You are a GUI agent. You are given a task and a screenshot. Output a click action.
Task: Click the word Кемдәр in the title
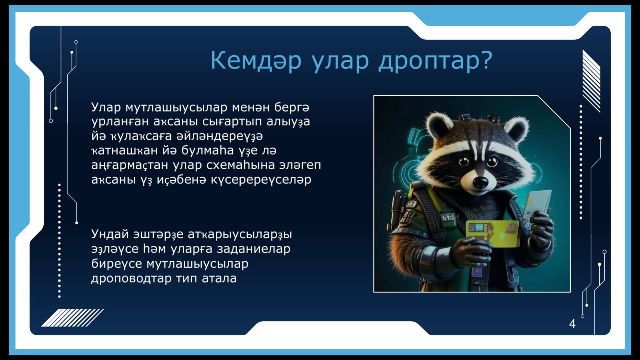tap(256, 60)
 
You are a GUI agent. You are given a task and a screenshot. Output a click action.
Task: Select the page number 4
tap(572, 324)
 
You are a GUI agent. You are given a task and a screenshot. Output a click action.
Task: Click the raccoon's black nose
tap(481, 182)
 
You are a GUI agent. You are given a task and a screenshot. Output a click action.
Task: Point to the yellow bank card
tap(493, 233)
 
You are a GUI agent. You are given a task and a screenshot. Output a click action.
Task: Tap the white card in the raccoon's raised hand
tap(537, 204)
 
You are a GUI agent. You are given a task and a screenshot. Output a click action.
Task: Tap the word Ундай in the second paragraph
tap(110, 234)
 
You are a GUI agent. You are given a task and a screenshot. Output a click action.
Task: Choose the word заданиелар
tap(253, 249)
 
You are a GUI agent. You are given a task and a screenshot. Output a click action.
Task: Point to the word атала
tap(219, 278)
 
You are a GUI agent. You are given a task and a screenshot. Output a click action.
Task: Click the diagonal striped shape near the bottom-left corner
tap(72, 318)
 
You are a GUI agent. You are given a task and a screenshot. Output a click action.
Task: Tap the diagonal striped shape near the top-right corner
tap(591, 81)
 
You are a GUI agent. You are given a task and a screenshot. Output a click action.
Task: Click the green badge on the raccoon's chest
tap(447, 218)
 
